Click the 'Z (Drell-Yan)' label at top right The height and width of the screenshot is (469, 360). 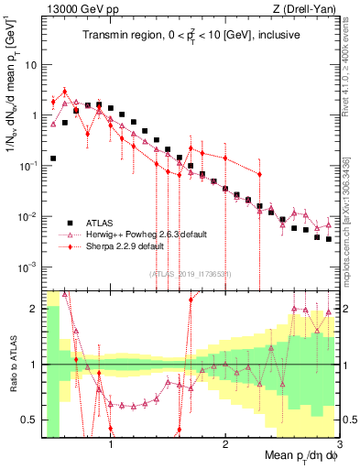309,9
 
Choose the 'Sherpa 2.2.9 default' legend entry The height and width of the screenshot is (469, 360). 120,246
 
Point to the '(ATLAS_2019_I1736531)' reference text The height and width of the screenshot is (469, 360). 197,273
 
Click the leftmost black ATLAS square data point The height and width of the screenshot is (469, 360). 53,158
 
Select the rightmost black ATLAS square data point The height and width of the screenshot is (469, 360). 328,238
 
